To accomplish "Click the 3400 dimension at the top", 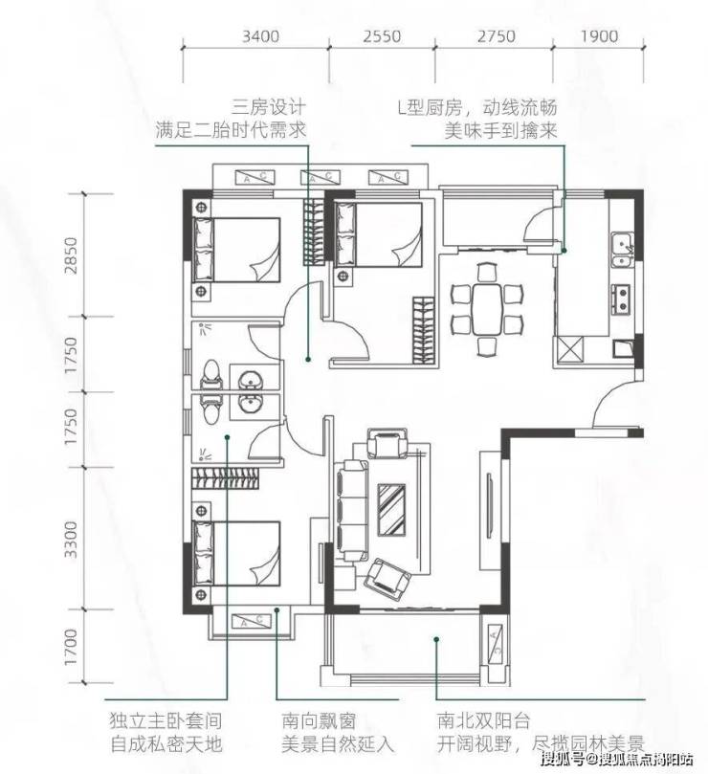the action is (x=260, y=36).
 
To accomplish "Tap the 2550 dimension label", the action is (x=382, y=36).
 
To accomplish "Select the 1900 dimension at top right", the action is (x=599, y=36).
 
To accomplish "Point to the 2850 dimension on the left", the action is (x=71, y=255).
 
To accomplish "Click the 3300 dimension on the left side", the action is (x=71, y=539).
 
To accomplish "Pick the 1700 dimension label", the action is (x=71, y=647).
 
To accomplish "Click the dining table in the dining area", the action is (x=487, y=309).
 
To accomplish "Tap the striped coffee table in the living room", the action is (x=391, y=509).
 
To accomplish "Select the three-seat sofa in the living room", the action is (x=351, y=510).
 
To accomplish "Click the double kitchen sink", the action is (x=622, y=250).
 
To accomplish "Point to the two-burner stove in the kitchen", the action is (x=621, y=299).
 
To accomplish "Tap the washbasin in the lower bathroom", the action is (x=250, y=405).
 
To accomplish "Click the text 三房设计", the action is (x=270, y=106).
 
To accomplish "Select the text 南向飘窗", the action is (x=319, y=721).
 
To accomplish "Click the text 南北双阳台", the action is (x=483, y=721).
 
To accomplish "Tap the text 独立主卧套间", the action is (x=166, y=721).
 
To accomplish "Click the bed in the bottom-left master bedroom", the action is (x=236, y=553).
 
